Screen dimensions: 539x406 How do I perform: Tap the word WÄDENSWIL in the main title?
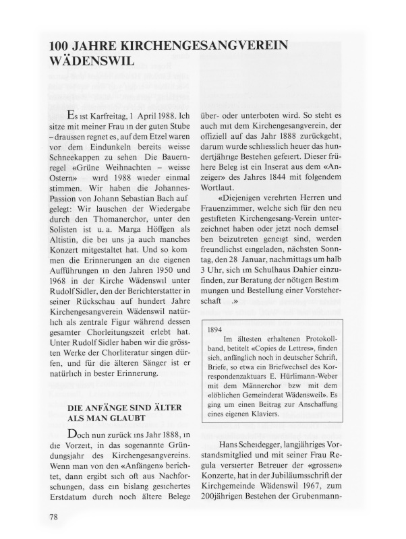point(88,59)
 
